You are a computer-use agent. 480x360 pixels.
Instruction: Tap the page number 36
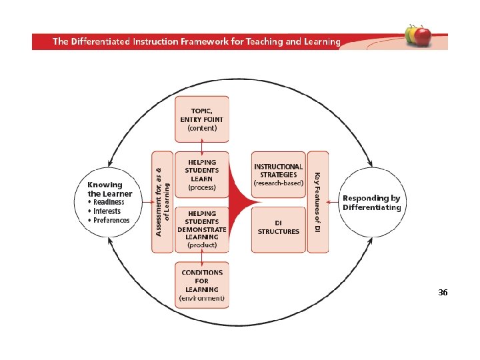click(x=443, y=293)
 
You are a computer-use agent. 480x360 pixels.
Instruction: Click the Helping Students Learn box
click(x=201, y=175)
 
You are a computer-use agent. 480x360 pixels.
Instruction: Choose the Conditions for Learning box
click(x=201, y=285)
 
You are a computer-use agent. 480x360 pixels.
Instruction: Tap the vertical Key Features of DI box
click(x=318, y=202)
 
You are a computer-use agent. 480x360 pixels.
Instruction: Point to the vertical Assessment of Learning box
click(x=163, y=202)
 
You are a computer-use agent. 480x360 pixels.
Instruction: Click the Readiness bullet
click(x=108, y=202)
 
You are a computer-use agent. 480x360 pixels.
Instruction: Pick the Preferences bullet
click(x=111, y=220)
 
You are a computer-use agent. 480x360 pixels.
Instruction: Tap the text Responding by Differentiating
click(x=372, y=203)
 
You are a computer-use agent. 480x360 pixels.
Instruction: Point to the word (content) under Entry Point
click(x=201, y=128)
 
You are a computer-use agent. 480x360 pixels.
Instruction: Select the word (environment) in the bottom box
click(x=201, y=299)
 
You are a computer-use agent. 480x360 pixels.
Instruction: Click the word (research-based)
click(x=278, y=183)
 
